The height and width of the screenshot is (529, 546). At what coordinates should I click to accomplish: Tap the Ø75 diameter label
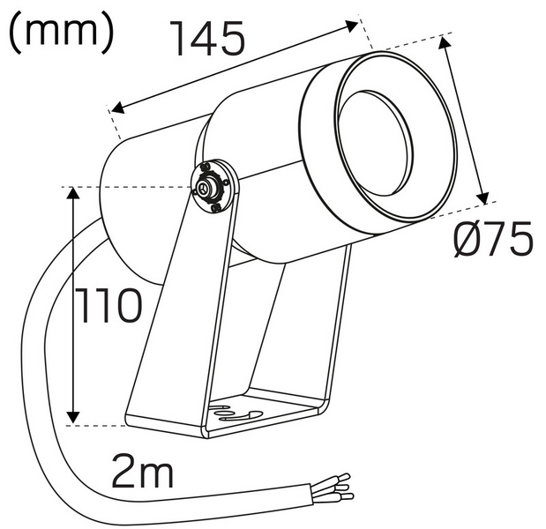click(x=494, y=239)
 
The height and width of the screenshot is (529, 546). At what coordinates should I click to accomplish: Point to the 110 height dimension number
click(x=107, y=306)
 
